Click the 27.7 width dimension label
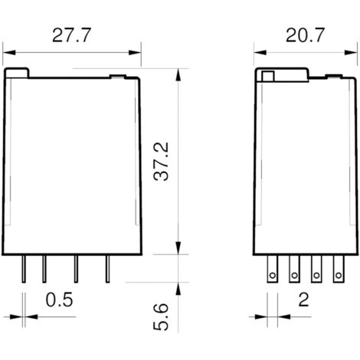tap(71, 35)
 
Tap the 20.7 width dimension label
tap(305, 35)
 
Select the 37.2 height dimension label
tap(161, 162)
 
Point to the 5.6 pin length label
tap(161, 316)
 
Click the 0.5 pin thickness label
tap(59, 299)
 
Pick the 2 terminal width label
tap(304, 299)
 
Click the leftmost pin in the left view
tap(24, 269)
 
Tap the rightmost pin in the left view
tap(108, 269)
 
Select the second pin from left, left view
tap(44, 269)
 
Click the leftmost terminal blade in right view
tap(273, 269)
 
